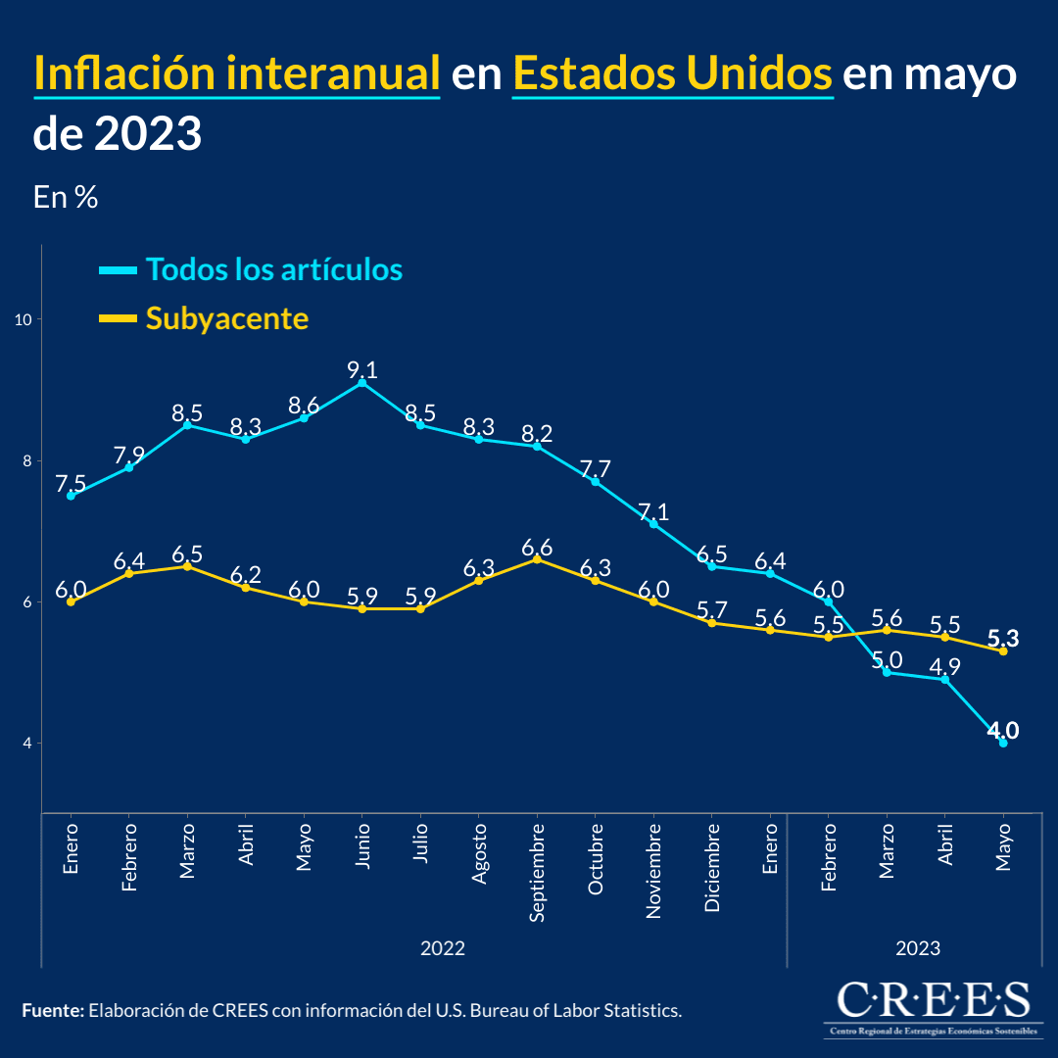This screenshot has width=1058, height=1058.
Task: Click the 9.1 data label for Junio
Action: point(362,370)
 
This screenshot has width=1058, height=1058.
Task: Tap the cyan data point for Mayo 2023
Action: point(1003,743)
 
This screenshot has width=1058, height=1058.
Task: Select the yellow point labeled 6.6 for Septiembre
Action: point(537,559)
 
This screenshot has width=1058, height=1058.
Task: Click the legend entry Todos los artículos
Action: point(273,268)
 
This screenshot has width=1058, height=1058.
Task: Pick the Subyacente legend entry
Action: point(226,317)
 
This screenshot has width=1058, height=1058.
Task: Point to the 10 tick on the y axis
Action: point(24,319)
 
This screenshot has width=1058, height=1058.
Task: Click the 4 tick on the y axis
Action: point(27,743)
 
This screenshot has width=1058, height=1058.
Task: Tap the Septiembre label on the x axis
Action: point(537,871)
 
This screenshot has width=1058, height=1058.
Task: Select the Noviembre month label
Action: point(653,870)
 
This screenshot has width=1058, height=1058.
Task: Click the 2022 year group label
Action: point(443,948)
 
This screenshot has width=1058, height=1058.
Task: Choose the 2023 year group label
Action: point(918,948)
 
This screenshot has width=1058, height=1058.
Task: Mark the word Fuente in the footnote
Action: point(52,1010)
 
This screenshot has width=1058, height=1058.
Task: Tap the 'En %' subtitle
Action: point(66,197)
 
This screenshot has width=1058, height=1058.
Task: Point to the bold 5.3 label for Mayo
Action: point(1003,639)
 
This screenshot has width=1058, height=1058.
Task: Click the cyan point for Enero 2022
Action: point(71,496)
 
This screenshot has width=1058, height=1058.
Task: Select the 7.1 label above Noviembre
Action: point(653,511)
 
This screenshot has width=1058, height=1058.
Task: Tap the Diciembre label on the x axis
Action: point(712,867)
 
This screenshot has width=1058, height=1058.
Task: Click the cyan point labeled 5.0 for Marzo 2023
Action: point(887,672)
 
